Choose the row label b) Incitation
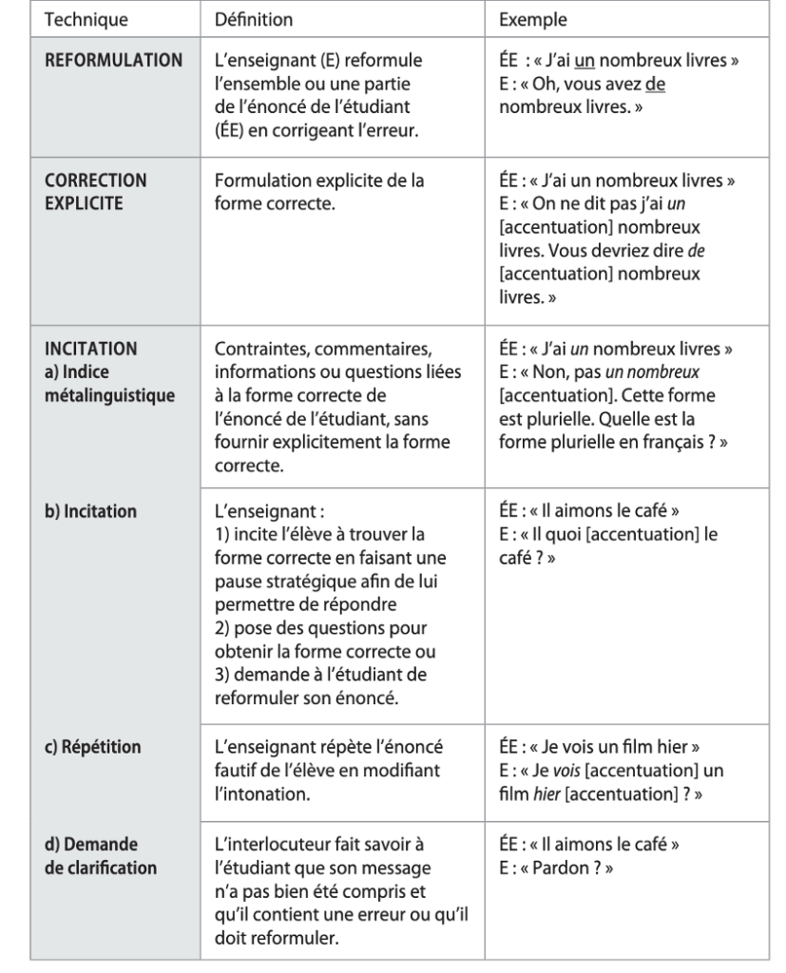coord(91,510)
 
